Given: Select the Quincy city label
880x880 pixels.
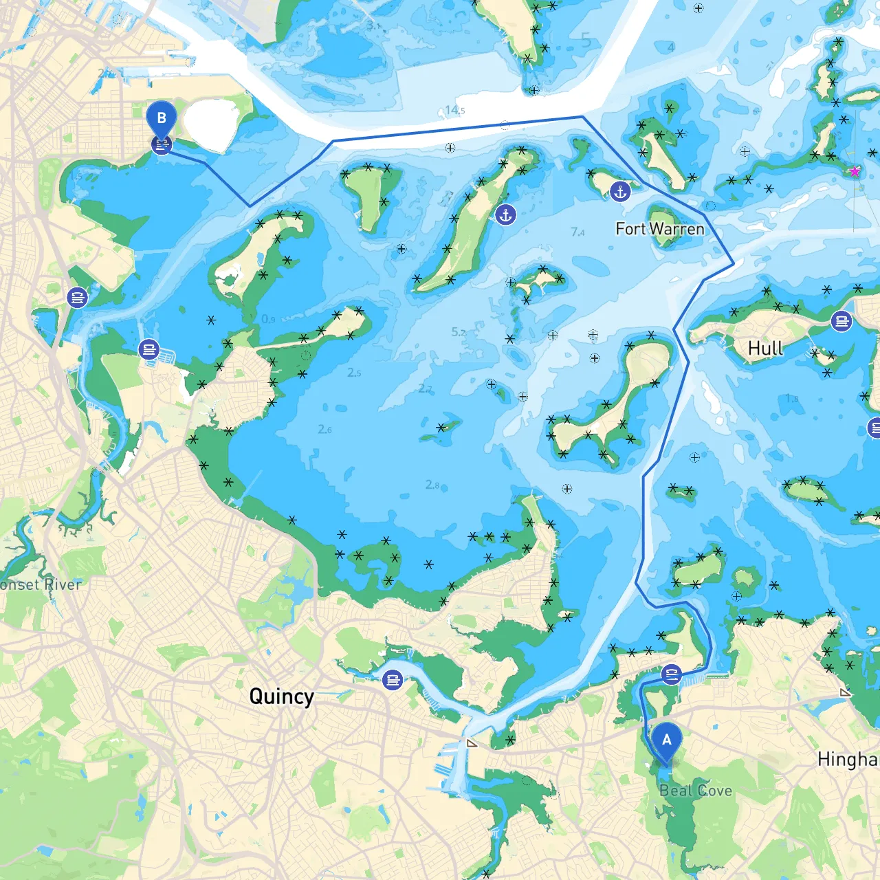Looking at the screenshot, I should [281, 696].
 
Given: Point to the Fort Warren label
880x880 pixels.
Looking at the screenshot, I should [660, 229].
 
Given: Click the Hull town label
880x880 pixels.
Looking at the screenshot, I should [765, 349].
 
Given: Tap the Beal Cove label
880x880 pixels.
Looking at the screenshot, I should [696, 791].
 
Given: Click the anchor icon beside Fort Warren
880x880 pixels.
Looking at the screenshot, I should [621, 192].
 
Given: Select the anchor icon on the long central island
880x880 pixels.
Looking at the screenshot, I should [506, 215].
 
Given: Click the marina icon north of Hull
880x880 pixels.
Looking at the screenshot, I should [841, 321].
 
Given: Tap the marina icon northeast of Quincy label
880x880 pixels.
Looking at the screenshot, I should [393, 680].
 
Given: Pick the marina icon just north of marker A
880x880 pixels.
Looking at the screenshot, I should [672, 674].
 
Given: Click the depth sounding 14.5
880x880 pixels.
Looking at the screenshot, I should [454, 110].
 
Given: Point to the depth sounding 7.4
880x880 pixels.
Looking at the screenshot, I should [577, 232].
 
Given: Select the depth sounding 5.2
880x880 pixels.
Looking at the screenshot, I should [459, 332].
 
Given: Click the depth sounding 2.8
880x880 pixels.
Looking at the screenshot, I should [432, 485].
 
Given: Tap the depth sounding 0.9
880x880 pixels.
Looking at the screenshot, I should [268, 319].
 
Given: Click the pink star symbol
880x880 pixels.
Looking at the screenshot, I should [855, 171].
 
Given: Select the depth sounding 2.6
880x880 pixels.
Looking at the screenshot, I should [324, 429].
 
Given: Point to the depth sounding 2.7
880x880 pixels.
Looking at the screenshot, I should [426, 389].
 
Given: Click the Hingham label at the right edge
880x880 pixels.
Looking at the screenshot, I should [848, 760].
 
